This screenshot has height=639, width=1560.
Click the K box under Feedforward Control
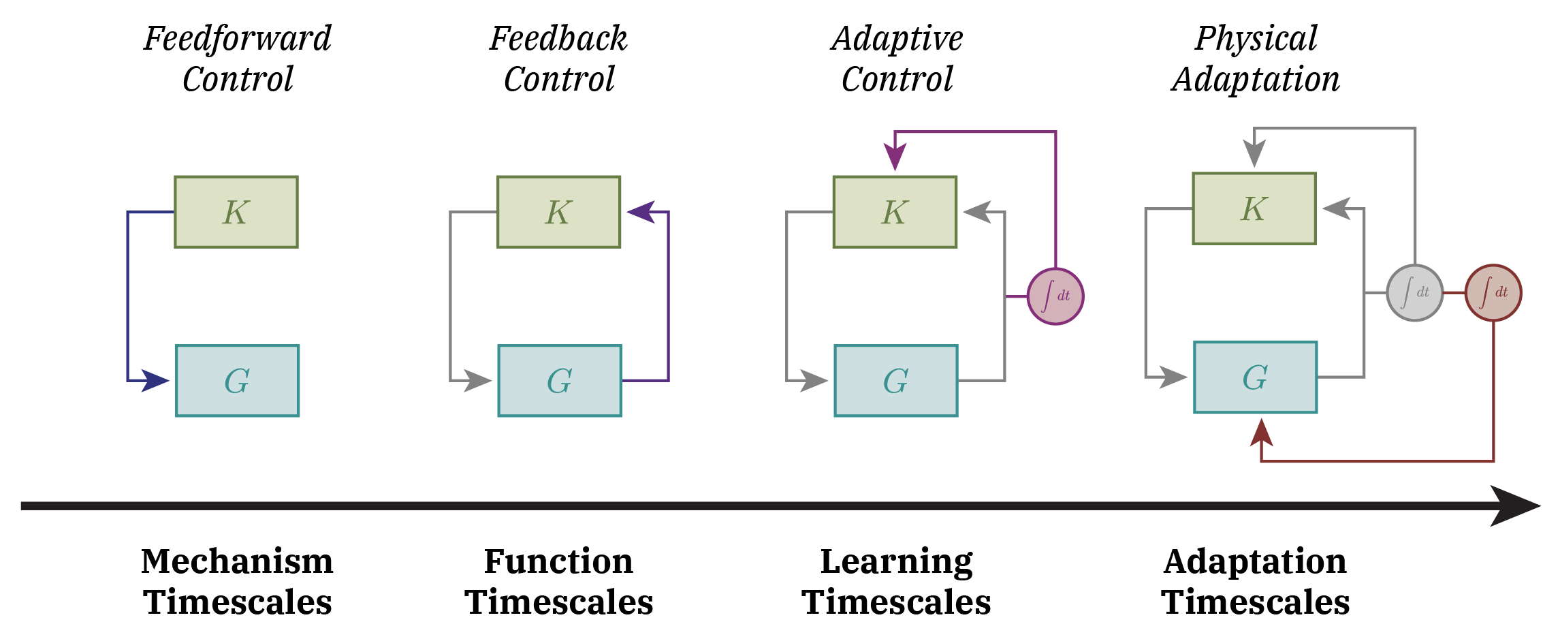(x=236, y=212)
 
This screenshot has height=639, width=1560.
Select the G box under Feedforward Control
(x=237, y=381)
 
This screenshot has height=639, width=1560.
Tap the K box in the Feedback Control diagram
(x=558, y=212)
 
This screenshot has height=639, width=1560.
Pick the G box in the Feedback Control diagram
(x=559, y=381)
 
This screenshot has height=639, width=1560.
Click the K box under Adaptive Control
(x=895, y=212)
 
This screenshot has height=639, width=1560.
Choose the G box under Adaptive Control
(x=895, y=381)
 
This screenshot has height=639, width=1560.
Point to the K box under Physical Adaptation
(x=1254, y=208)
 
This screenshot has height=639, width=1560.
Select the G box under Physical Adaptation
(x=1255, y=377)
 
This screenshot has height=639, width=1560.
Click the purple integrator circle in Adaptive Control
(x=1055, y=296)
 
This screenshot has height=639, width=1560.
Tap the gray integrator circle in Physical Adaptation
(x=1414, y=293)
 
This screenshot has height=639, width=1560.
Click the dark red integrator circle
(x=1493, y=293)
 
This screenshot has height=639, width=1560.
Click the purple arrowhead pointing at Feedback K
(x=641, y=212)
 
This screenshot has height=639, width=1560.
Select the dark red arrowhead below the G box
(x=1261, y=433)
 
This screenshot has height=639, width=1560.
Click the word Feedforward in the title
(x=237, y=38)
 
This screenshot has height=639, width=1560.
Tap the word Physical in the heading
(x=1256, y=38)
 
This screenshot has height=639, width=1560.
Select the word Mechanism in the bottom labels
(x=237, y=561)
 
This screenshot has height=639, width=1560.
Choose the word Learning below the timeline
(x=896, y=563)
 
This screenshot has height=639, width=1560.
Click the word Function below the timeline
(x=558, y=561)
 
